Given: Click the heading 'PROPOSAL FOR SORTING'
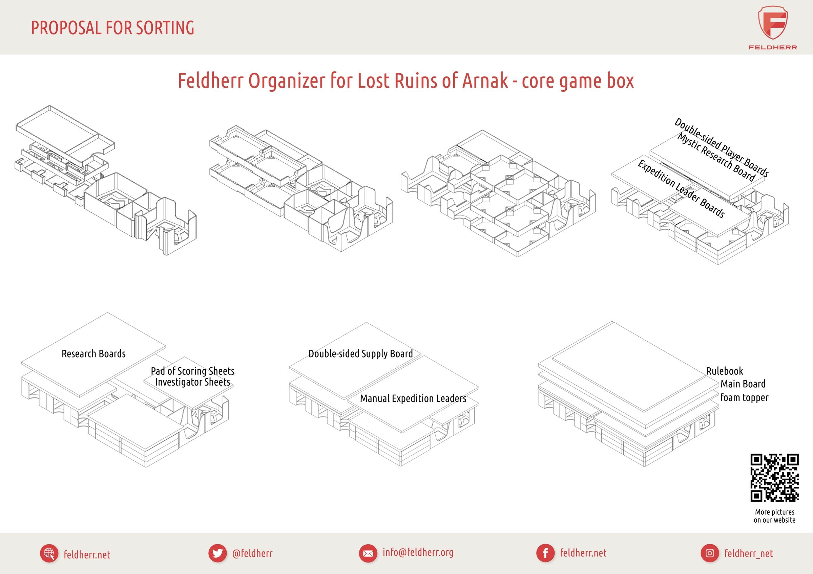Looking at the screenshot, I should pyautogui.click(x=112, y=28).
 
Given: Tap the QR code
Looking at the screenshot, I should pyautogui.click(x=774, y=478).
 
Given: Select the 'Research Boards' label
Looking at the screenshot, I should pyautogui.click(x=93, y=354).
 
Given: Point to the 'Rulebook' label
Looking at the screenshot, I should pyautogui.click(x=725, y=371).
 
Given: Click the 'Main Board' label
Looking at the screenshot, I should pyautogui.click(x=743, y=384).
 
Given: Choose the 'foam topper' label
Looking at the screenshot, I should pyautogui.click(x=744, y=397).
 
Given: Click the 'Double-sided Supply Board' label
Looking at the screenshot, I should pyautogui.click(x=360, y=354).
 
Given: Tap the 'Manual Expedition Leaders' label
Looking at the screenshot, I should pyautogui.click(x=413, y=398).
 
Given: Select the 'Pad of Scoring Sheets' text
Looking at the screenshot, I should pyautogui.click(x=192, y=371).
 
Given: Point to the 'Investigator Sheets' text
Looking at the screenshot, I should pyautogui.click(x=192, y=382).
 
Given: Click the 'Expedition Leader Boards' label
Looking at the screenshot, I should pyautogui.click(x=681, y=189).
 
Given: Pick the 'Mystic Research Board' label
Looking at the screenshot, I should pyautogui.click(x=716, y=158).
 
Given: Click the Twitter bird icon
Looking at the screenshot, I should pyautogui.click(x=217, y=553).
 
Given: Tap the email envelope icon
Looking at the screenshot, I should pyautogui.click(x=368, y=553).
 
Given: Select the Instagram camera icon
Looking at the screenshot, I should pyautogui.click(x=710, y=553).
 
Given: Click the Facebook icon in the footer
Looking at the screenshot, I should pyautogui.click(x=545, y=553).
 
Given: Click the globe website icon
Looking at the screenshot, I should pyautogui.click(x=49, y=553).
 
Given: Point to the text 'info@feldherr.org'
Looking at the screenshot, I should pyautogui.click(x=418, y=552).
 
